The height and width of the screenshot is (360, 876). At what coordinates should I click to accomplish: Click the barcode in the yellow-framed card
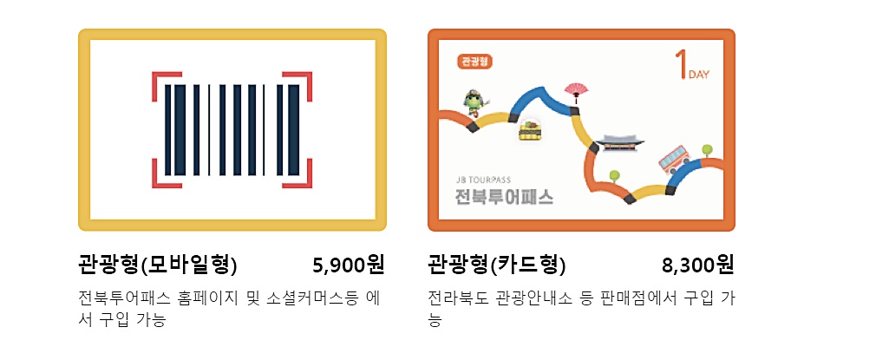232,130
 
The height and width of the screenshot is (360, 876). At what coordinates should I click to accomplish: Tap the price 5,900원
348,264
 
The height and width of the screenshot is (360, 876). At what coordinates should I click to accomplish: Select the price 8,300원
697,264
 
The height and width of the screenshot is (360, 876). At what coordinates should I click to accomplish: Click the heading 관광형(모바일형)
157,264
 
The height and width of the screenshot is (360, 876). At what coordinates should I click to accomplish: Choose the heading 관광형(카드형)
496,264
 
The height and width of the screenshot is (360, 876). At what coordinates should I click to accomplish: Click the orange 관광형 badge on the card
474,62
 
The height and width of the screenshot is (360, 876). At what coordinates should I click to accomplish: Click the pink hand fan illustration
576,89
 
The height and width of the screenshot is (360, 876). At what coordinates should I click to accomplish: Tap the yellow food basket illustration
529,130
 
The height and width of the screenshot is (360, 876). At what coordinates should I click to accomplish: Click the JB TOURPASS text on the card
483,180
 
